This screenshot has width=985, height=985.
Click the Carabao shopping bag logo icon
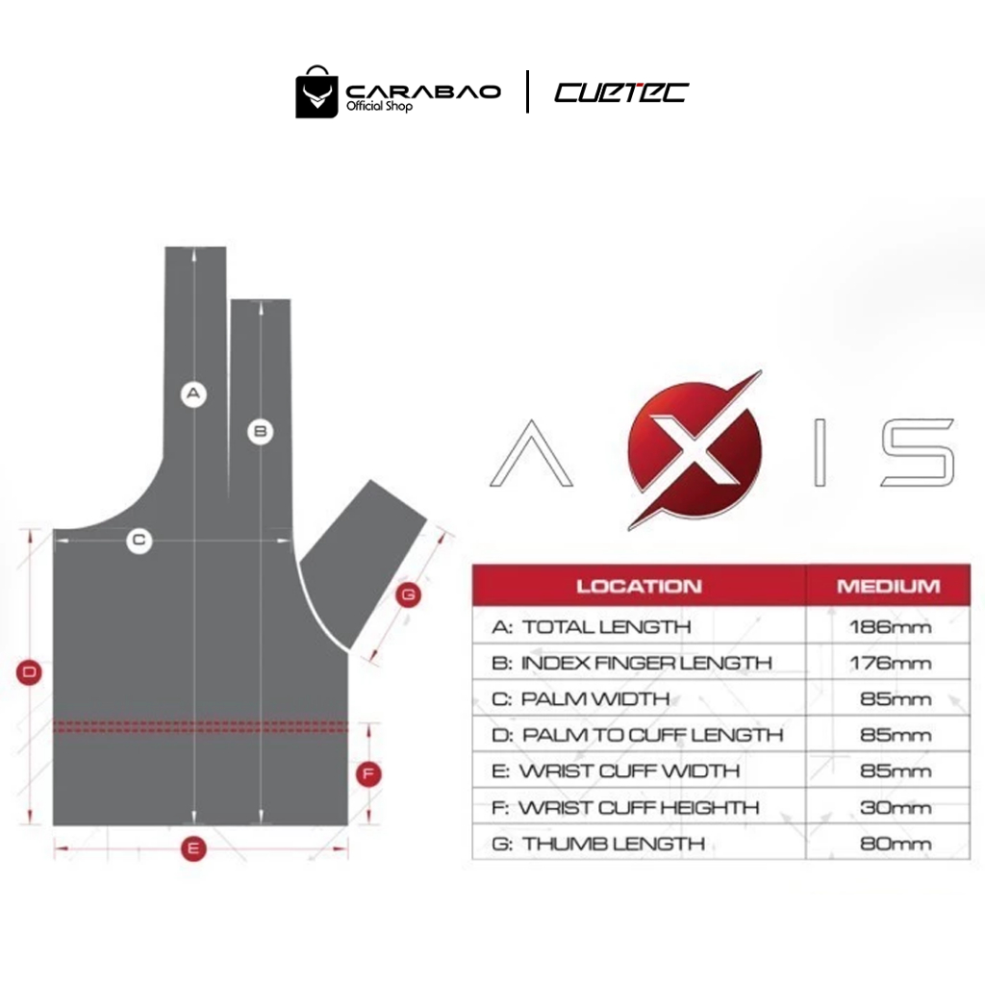point(317,92)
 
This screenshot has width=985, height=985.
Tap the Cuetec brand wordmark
point(621,92)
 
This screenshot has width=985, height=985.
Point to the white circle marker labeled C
point(139,541)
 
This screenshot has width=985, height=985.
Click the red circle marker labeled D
point(30,672)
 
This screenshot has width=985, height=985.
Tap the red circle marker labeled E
point(194,848)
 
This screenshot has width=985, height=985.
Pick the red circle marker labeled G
point(409,595)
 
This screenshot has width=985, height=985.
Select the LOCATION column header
point(639,586)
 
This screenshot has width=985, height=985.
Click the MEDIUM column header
point(888,586)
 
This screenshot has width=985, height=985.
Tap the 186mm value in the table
point(890,627)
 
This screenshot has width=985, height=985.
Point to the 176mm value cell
point(890,663)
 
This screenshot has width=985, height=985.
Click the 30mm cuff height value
point(896,807)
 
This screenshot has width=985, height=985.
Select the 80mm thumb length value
point(896,844)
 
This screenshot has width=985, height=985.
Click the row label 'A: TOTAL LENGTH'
point(592,627)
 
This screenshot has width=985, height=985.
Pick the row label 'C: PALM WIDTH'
point(580,699)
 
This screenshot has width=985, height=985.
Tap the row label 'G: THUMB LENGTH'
point(598,844)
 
